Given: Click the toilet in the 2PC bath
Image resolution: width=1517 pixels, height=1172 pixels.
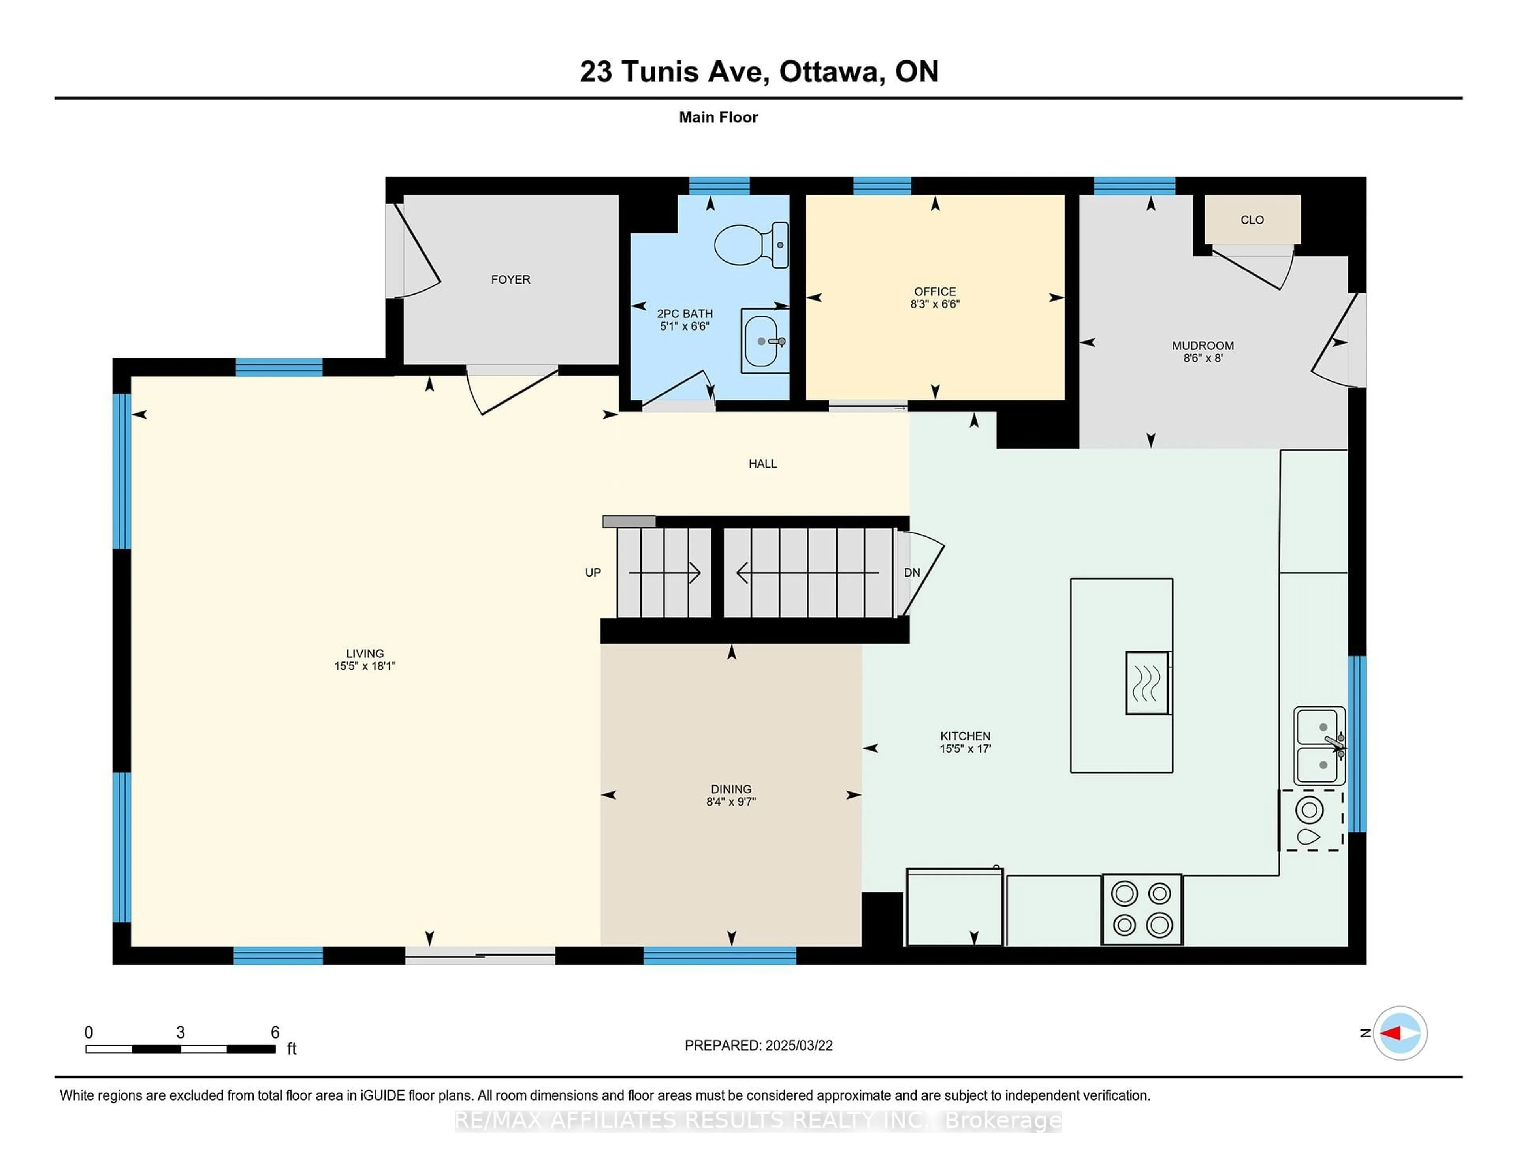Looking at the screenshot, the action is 751,244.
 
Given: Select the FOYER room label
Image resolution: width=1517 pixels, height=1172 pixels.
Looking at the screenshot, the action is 510,279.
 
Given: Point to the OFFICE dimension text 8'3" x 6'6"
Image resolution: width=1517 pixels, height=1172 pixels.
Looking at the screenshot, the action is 935,304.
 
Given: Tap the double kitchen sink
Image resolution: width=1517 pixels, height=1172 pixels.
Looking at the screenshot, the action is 1319,746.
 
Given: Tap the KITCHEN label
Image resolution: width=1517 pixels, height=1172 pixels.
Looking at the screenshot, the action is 965,736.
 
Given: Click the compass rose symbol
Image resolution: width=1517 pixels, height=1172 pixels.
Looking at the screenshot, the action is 1400,1033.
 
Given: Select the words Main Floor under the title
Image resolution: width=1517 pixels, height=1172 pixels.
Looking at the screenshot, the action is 718,117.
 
